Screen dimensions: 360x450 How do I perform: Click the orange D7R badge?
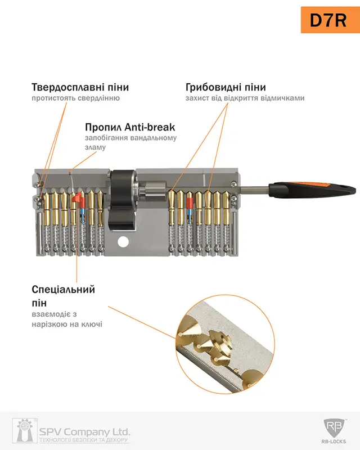point(330,20)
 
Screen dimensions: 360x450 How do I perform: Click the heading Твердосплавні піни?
point(80,87)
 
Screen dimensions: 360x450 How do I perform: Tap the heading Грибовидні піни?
point(226,87)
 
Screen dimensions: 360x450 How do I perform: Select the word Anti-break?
point(150,127)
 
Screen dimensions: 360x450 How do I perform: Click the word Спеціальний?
point(64,289)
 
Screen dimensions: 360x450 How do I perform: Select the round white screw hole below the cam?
point(123,242)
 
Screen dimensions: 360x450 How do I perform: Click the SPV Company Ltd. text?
point(84,431)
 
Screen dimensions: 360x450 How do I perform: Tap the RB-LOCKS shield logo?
point(334,428)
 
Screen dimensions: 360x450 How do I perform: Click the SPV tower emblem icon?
point(25,430)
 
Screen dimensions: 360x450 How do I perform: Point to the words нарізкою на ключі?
point(67,325)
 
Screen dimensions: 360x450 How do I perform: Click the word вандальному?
point(154,138)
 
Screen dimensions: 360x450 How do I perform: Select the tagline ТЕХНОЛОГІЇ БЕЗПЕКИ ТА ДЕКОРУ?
point(84,440)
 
